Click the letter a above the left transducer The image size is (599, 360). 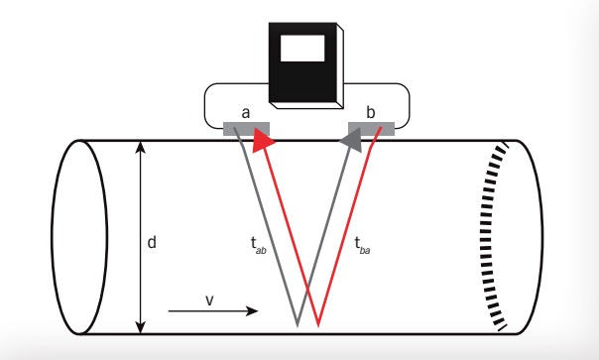point(244,113)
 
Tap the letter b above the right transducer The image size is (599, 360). point(370,113)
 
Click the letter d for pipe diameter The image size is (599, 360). point(152,241)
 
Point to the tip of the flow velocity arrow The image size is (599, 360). point(257,310)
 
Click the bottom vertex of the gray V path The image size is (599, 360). point(298,323)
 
